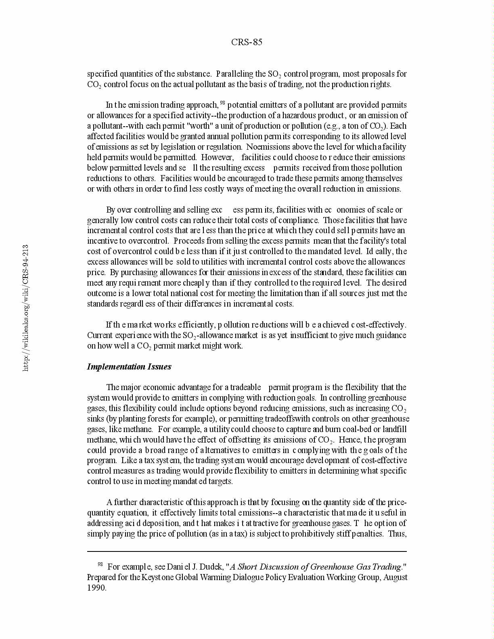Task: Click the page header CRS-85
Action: (247, 42)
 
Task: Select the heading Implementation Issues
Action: (129, 367)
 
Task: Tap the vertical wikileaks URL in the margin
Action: (25, 307)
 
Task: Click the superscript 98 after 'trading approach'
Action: (222, 102)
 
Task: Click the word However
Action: (217, 157)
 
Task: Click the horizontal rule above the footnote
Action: (247, 551)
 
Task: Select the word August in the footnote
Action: (395, 577)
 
